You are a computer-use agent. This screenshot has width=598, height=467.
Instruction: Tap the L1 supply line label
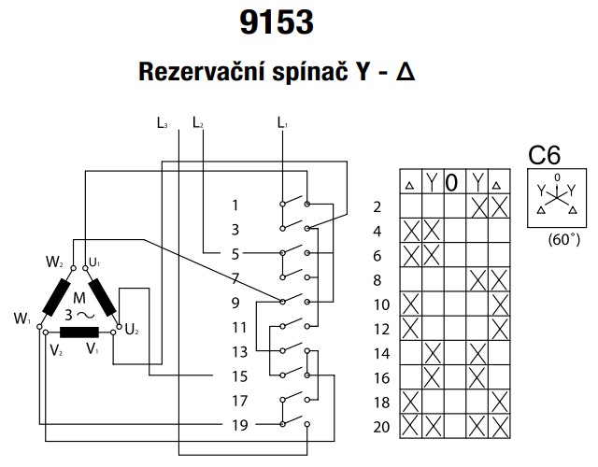coord(283,120)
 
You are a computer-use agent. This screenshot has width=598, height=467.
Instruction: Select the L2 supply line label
coord(197,120)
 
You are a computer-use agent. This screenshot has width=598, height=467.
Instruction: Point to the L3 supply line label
coord(164,120)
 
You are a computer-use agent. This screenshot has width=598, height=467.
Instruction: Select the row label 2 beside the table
coord(377,207)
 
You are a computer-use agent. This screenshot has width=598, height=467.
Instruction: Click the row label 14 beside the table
coord(380,353)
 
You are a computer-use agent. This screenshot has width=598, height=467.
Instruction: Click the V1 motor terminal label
coord(93,349)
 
